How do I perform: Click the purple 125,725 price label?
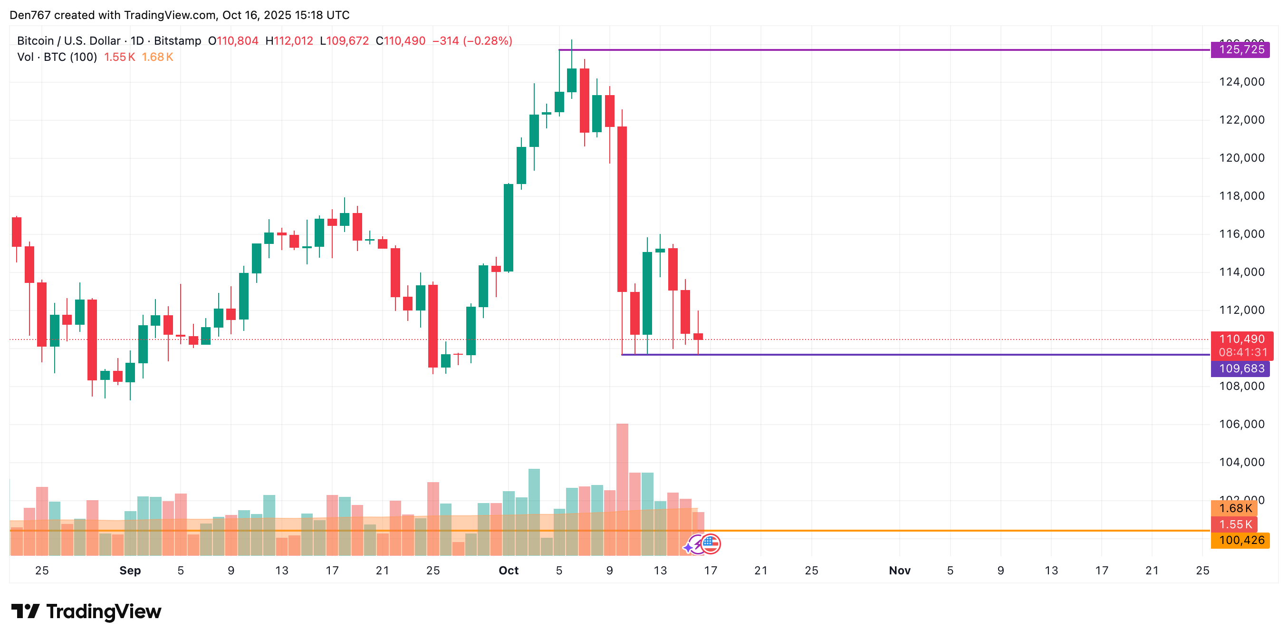[1240, 49]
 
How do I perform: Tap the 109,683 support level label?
[1240, 369]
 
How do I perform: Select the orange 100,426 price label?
[1240, 541]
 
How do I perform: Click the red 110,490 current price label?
[1241, 339]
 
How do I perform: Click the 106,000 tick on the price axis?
[1241, 424]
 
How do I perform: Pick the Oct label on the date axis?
[509, 571]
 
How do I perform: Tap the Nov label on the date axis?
[900, 571]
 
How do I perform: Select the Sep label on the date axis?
[130, 571]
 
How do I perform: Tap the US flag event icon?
[710, 544]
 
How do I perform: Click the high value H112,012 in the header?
[289, 41]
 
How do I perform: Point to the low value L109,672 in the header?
[344, 41]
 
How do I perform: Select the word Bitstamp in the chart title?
[177, 41]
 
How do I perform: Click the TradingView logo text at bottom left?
[104, 611]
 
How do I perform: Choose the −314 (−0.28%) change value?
[472, 41]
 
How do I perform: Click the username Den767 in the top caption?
[30, 15]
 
